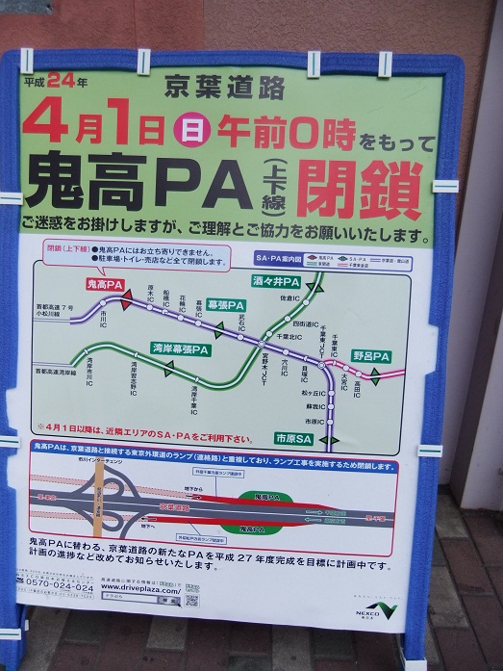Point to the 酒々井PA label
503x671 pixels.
(277, 282)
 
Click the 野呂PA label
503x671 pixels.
(370, 356)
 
